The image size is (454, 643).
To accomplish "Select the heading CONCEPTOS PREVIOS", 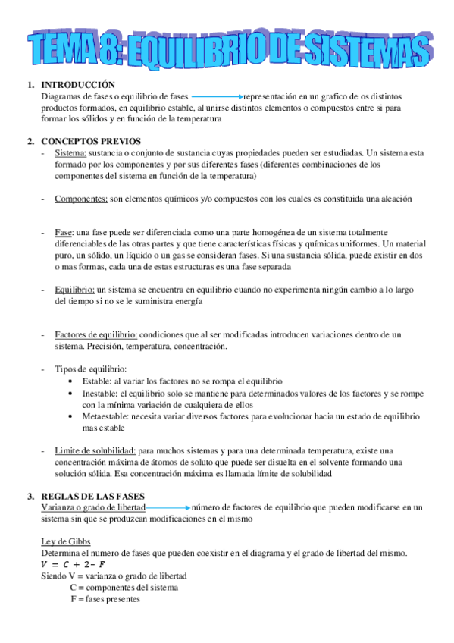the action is click(90, 142).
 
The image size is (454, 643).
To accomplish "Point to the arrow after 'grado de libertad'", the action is click(168, 507).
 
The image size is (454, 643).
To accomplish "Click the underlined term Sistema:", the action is click(70, 153).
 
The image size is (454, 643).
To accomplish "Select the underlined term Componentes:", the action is click(81, 199).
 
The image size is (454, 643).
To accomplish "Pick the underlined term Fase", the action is click(64, 232).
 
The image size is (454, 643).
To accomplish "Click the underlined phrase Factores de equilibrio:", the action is click(95, 334).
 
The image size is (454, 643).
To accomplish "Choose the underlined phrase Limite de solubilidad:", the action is click(95, 450).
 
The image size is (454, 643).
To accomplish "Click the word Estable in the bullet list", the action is click(95, 381).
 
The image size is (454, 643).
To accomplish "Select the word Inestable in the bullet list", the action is click(100, 394).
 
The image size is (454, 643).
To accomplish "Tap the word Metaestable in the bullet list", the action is click(105, 416).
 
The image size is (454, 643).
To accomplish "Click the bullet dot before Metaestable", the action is click(71, 416).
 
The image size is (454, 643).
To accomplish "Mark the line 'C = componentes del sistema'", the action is click(124, 588).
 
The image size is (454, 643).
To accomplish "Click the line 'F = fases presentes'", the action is click(105, 599).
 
